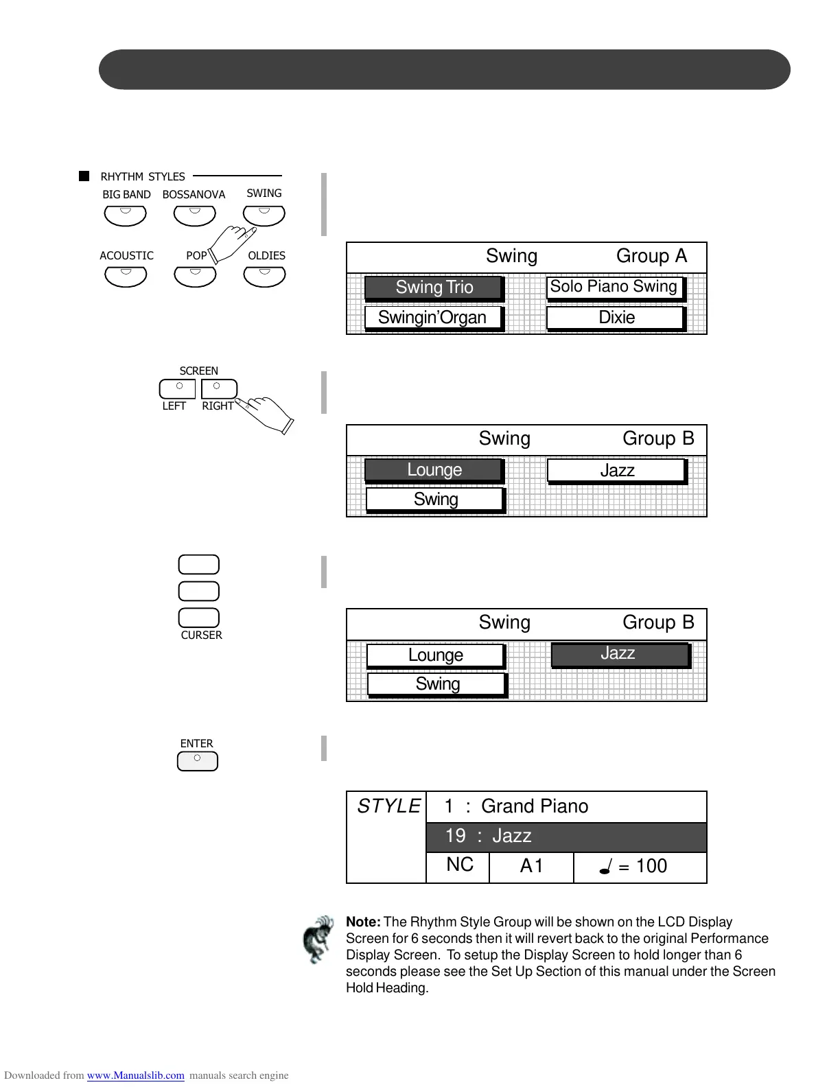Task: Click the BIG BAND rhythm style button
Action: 125,215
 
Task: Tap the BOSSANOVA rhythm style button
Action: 195,215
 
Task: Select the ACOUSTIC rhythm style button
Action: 126,276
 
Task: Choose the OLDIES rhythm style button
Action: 264,276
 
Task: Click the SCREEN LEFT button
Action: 177,388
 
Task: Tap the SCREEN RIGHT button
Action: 219,388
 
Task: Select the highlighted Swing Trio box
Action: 434,288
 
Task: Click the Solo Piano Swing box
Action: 614,287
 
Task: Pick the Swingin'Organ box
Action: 432,318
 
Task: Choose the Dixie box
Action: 616,318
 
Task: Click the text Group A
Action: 651,256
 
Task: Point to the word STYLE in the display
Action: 388,806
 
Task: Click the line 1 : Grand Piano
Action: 516,806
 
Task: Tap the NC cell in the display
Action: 459,865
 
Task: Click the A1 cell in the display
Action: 531,867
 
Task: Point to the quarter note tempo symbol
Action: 605,867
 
